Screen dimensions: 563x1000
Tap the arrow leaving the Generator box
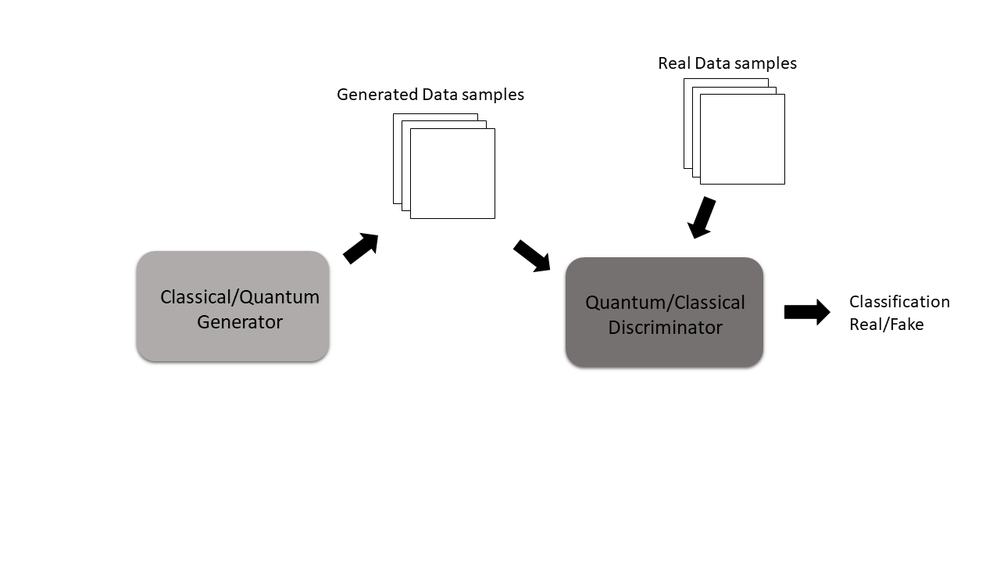click(361, 248)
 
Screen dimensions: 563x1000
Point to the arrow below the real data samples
click(702, 217)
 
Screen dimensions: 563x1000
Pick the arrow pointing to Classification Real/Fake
click(807, 312)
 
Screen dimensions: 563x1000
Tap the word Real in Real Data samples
click(674, 63)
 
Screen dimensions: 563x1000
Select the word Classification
click(899, 302)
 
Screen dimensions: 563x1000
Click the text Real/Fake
click(886, 325)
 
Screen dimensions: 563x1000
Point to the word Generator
click(239, 321)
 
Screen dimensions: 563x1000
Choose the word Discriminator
click(665, 328)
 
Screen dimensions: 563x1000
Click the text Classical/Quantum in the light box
click(239, 297)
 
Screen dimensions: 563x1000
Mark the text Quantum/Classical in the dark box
click(665, 303)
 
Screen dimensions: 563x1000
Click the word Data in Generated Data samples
click(438, 95)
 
